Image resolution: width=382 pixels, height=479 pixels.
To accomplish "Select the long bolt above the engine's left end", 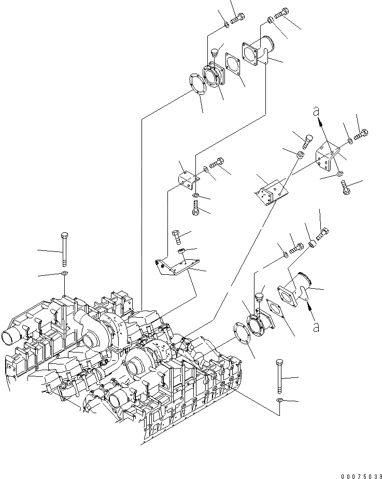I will coord(64,249).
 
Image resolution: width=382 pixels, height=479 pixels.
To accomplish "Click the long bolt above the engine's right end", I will coord(280,377).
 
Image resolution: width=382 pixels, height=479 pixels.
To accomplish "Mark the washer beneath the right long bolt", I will coord(280,401).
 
